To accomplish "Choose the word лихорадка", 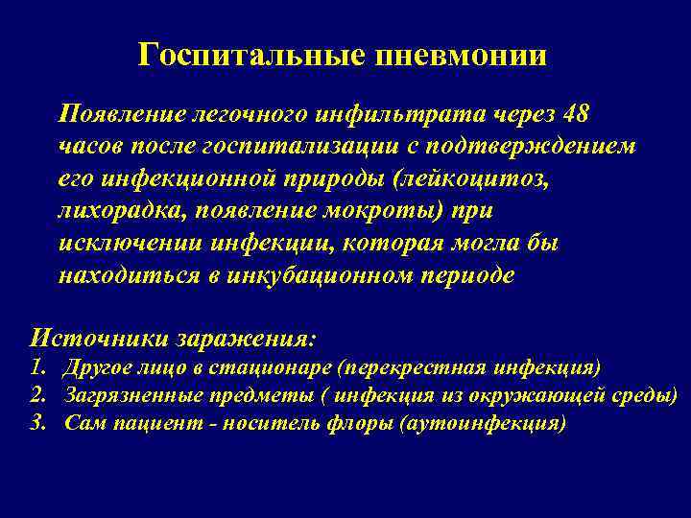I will coord(116,212).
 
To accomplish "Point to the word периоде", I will coord(467,276).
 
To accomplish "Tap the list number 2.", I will coord(38,395).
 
